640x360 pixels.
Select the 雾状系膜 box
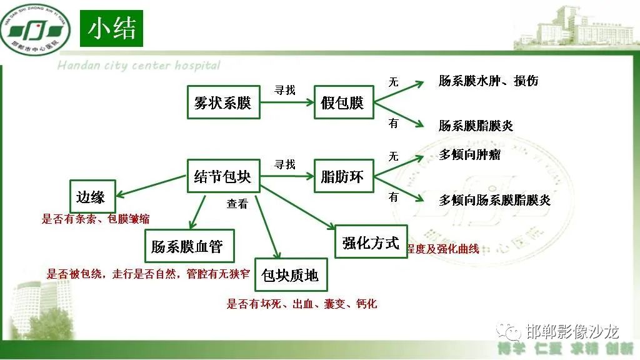[x=223, y=102]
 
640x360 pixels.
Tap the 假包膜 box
[x=342, y=102]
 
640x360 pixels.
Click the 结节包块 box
[x=223, y=176]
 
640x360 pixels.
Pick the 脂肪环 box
[x=342, y=176]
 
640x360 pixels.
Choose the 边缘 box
[x=91, y=197]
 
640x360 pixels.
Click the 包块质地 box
[x=290, y=274]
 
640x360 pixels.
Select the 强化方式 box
[x=371, y=242]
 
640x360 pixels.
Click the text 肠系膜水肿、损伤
[x=488, y=81]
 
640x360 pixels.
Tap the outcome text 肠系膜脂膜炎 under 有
[x=476, y=126]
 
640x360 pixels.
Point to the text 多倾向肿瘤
[x=469, y=154]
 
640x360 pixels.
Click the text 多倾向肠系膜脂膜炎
[x=494, y=200]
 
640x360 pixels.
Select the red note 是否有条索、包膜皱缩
[x=96, y=219]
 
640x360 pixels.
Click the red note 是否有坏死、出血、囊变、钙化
[x=302, y=304]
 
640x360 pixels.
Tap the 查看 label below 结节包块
[x=237, y=203]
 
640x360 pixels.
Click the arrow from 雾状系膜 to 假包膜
[x=287, y=102]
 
